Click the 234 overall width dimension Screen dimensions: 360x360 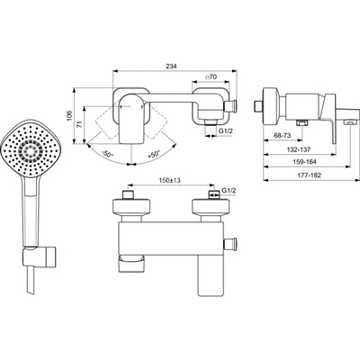point(172,67)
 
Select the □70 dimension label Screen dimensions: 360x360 point(211,76)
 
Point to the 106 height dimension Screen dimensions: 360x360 point(69,115)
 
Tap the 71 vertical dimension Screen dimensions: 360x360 point(79,125)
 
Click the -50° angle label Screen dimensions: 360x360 point(107,155)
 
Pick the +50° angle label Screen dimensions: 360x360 point(154,155)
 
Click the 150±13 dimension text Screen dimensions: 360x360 point(170,180)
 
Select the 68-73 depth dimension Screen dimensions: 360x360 point(283,136)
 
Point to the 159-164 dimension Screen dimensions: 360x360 point(305,162)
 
